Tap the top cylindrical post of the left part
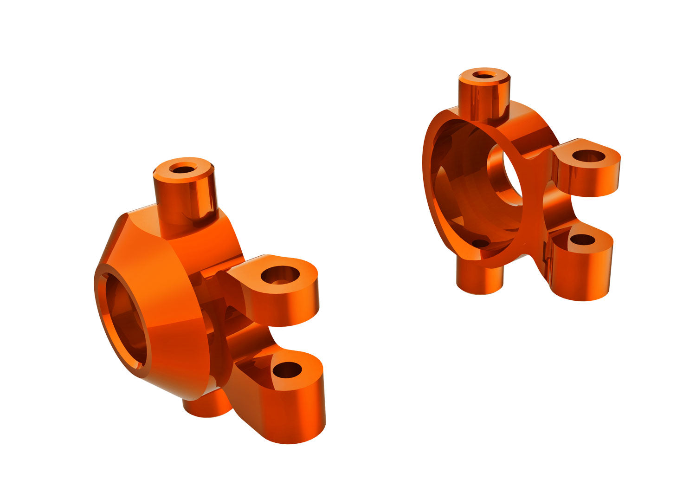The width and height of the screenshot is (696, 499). tap(185, 197)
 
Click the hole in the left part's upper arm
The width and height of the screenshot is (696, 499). tap(280, 275)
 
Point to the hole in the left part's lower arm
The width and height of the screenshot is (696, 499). tap(287, 370)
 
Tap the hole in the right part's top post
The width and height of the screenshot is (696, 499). tap(484, 75)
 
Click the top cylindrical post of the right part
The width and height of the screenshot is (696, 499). tap(484, 97)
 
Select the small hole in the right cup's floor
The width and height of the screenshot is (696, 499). tap(480, 243)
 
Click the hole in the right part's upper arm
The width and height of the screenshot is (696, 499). tap(589, 156)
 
